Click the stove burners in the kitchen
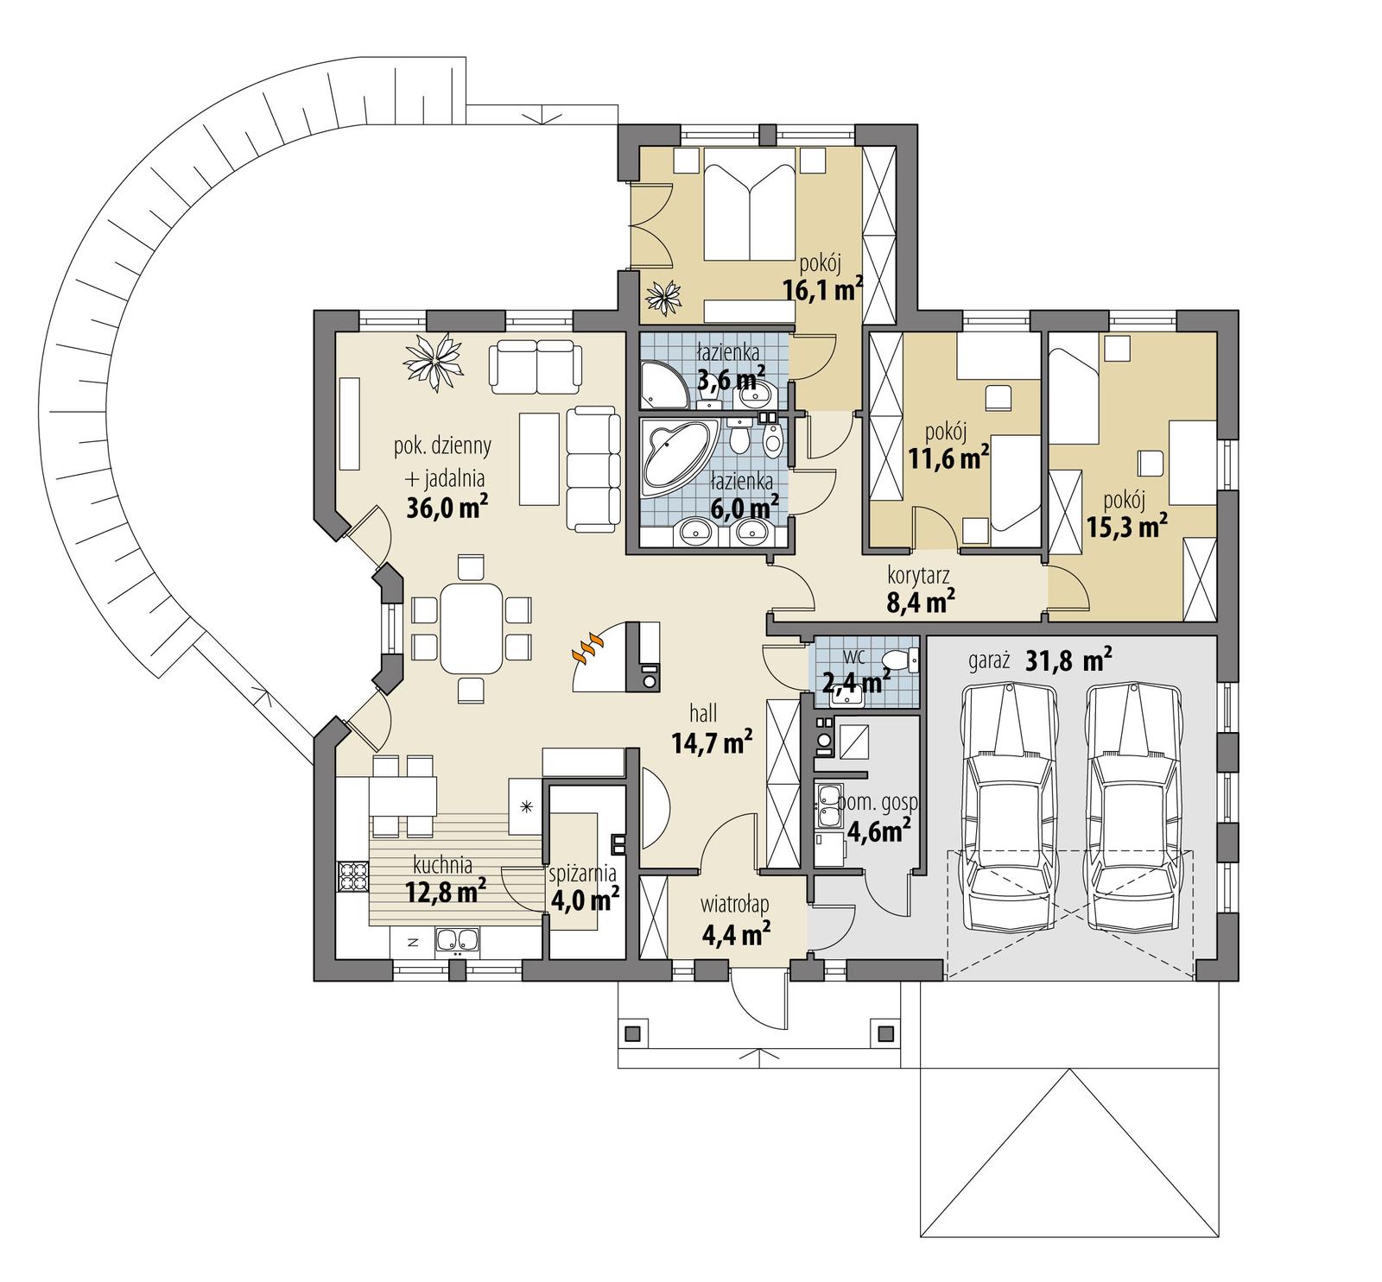tap(352, 876)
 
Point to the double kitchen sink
tap(458, 940)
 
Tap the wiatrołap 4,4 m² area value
tap(736, 934)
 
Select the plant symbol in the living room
tap(436, 362)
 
